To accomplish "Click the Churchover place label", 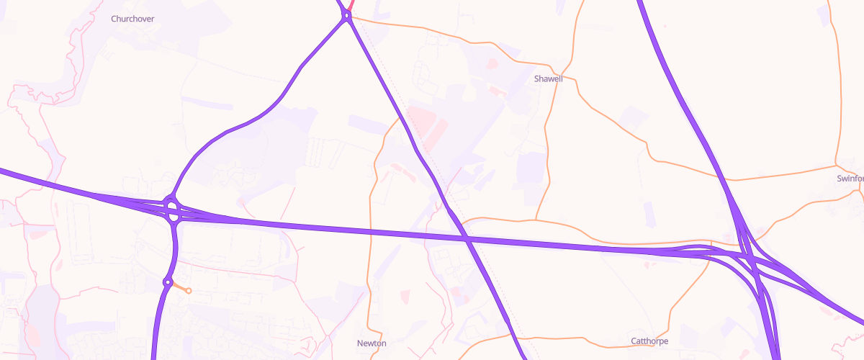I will (132, 19).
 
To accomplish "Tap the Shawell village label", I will (548, 78).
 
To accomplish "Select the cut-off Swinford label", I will (850, 178).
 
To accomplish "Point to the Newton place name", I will (372, 343).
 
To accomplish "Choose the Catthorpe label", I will (649, 341).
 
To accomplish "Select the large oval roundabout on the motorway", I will (172, 211).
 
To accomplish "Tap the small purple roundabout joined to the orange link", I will (168, 282).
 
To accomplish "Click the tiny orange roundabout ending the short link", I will (189, 291).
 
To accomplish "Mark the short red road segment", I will (350, 5).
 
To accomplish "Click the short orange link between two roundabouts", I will (179, 287).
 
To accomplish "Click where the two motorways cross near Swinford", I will (749, 259).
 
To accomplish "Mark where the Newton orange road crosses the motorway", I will (370, 230).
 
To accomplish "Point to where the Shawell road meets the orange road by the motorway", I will (536, 219).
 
